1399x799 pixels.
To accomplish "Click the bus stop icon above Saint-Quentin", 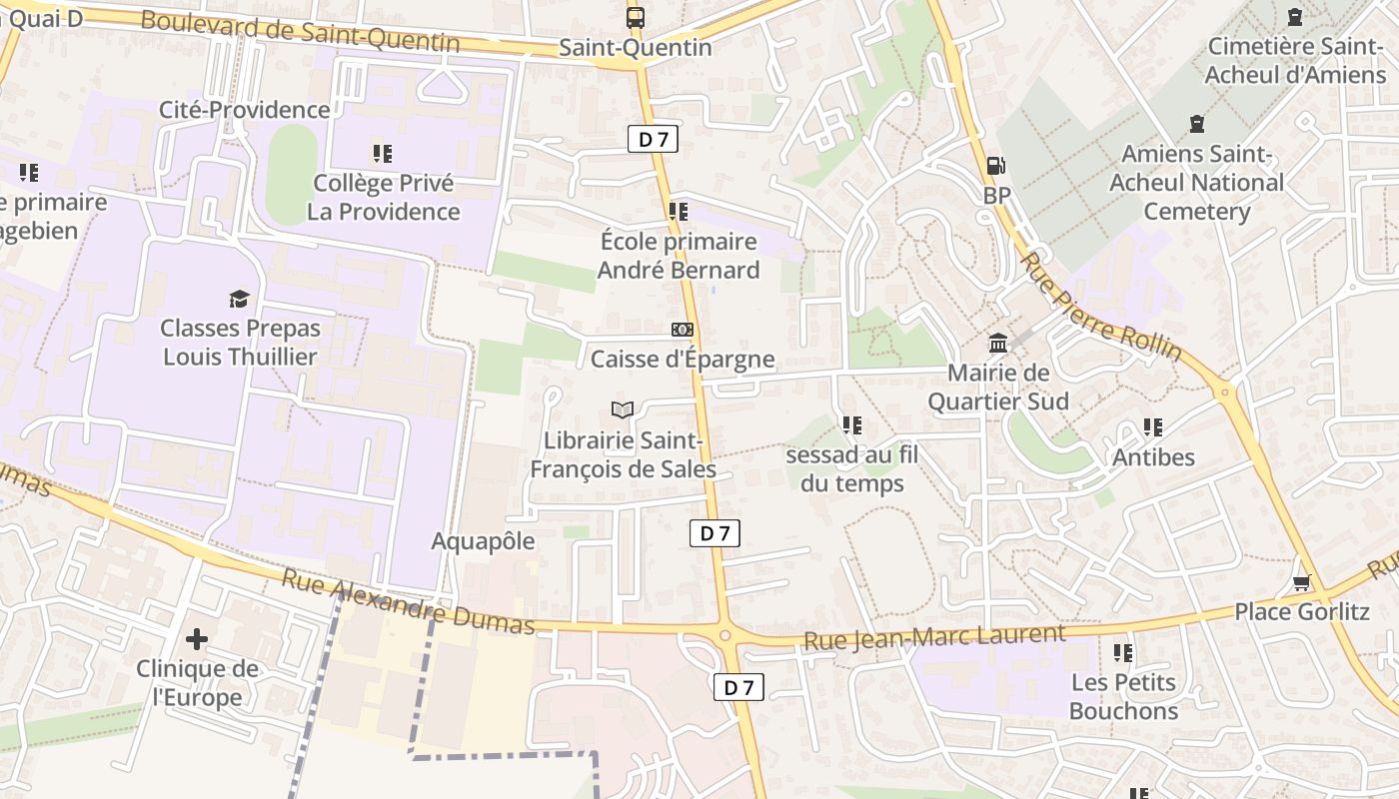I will (635, 17).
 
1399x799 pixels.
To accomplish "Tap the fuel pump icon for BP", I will (995, 166).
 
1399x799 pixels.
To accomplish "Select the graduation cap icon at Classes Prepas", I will (239, 298).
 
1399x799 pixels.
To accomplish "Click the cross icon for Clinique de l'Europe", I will (197, 638).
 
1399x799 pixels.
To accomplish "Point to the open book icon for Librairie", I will (623, 409).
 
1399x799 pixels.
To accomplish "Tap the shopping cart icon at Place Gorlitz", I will (1301, 582).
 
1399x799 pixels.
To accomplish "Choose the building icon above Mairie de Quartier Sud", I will (997, 344).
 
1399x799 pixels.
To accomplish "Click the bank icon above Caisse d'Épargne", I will (683, 330).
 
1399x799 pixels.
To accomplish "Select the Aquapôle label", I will (483, 541).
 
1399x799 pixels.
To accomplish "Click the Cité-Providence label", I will (245, 110).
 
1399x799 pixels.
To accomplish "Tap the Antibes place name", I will (1153, 457).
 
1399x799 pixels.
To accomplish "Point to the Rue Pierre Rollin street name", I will (1100, 306).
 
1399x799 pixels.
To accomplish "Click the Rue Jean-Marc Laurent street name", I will (935, 636).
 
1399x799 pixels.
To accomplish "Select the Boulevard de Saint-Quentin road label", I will (300, 31).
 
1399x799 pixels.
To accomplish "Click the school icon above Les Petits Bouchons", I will (1123, 653).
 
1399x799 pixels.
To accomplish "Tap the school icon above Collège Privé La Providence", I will (383, 154).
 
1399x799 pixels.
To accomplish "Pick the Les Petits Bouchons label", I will (1123, 697).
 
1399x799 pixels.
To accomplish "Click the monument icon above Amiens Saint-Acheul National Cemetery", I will (1196, 125).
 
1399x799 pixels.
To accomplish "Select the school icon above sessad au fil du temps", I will (851, 425).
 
